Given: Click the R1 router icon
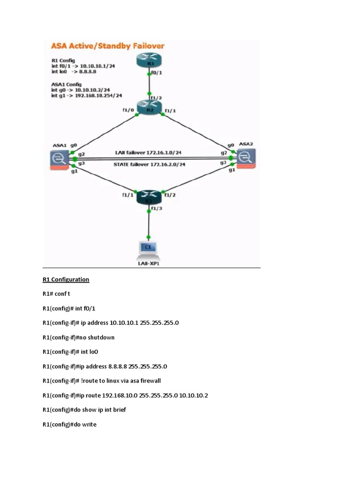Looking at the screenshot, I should [x=150, y=62].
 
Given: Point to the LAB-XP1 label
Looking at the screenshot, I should [x=149, y=263].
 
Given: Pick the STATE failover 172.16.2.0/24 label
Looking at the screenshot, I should [x=150, y=165].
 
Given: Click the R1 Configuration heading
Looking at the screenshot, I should [x=66, y=280].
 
